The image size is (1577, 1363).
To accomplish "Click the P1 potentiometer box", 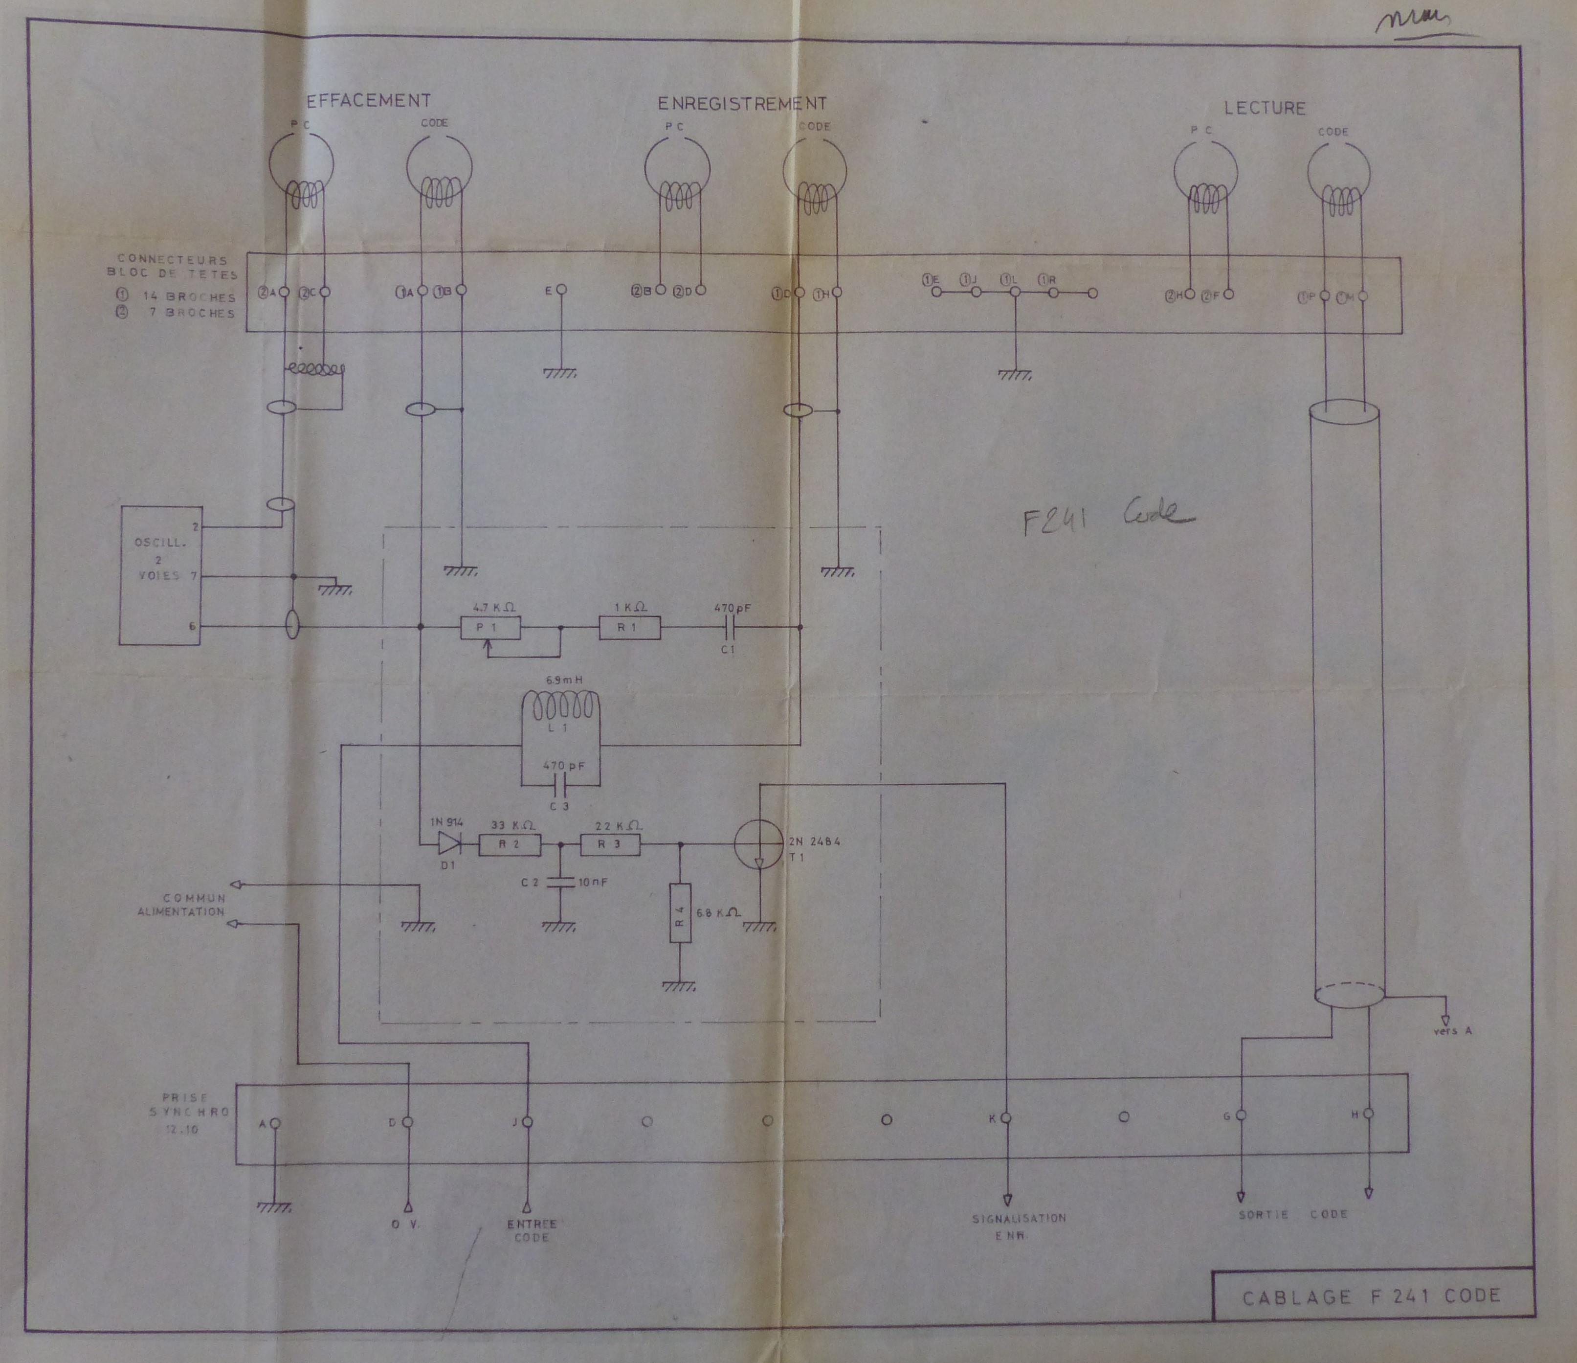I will click(x=490, y=628).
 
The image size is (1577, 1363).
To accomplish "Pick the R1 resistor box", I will click(x=629, y=628).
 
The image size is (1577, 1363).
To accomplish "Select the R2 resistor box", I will click(x=509, y=844).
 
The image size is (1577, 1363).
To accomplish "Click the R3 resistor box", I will click(x=610, y=844).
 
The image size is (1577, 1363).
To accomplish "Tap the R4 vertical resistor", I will click(x=680, y=913).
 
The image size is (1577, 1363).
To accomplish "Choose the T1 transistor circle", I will click(x=759, y=844).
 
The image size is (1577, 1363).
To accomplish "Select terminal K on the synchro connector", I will click(x=1005, y=1118).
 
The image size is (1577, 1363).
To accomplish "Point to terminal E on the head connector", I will click(x=561, y=290).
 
